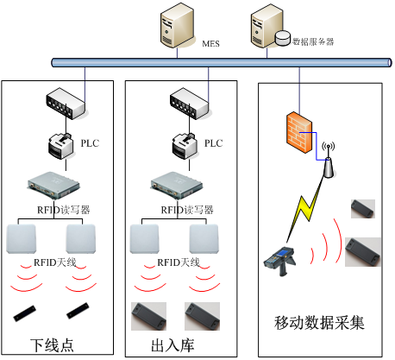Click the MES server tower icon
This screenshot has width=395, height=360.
click(x=177, y=25)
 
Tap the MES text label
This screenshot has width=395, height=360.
click(x=210, y=44)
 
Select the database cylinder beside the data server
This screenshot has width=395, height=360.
click(x=283, y=38)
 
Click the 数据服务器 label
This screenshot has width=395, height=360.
click(x=313, y=41)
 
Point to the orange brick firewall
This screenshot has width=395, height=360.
click(x=299, y=132)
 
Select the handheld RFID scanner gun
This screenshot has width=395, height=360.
click(x=279, y=261)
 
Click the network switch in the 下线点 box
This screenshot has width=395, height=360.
click(x=66, y=104)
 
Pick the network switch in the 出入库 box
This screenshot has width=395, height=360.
click(x=189, y=104)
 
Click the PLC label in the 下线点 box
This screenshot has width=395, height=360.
click(x=90, y=143)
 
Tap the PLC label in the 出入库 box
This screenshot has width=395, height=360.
click(x=213, y=143)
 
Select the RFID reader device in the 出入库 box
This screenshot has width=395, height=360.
click(x=177, y=186)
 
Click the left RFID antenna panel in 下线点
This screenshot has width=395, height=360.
click(x=22, y=239)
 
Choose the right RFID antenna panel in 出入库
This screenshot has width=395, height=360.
click(x=204, y=239)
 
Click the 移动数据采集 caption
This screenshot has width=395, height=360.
click(x=319, y=322)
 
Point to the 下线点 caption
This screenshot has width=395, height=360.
click(x=52, y=345)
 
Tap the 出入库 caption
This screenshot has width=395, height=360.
click(x=172, y=345)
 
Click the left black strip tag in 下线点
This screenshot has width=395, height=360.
click(x=25, y=313)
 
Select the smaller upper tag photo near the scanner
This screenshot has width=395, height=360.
click(x=363, y=209)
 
